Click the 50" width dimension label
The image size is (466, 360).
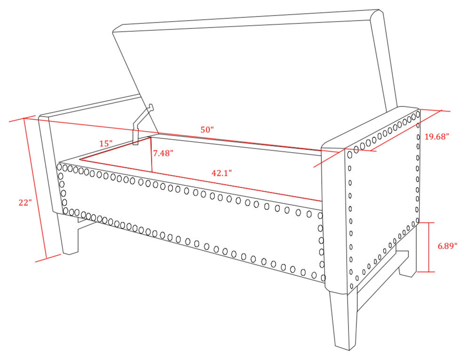[x=207, y=130]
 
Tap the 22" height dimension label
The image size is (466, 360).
[x=25, y=203]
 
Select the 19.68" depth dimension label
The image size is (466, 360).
[x=436, y=137]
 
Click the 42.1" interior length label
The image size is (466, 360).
[x=221, y=173]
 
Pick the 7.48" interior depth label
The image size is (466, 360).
[x=163, y=153]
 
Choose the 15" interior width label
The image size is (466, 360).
[x=106, y=143]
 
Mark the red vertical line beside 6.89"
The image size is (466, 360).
[x=428, y=247]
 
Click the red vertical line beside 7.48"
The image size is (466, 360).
[x=152, y=155]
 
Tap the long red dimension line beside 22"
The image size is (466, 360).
[x=35, y=188]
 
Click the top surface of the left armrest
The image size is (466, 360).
[x=89, y=106]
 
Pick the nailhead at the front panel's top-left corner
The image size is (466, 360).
[x=59, y=167]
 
